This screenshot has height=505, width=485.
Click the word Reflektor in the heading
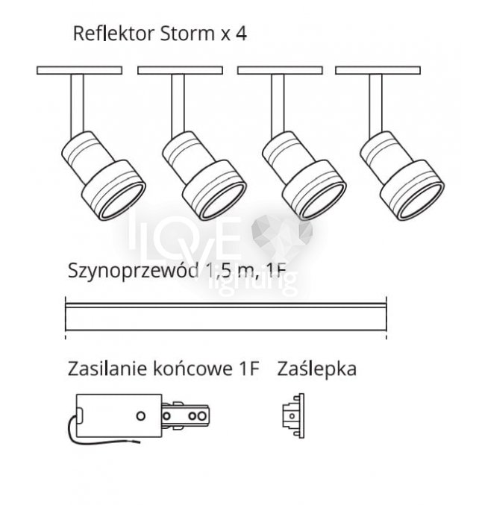point(103,34)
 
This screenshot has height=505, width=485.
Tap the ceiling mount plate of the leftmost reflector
point(79,70)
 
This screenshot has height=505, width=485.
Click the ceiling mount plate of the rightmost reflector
point(377,70)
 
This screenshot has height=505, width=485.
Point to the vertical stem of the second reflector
point(178,104)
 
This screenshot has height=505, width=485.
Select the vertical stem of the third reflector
point(277,104)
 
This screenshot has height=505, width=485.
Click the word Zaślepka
point(316,368)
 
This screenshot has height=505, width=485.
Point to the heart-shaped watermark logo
point(281,233)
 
